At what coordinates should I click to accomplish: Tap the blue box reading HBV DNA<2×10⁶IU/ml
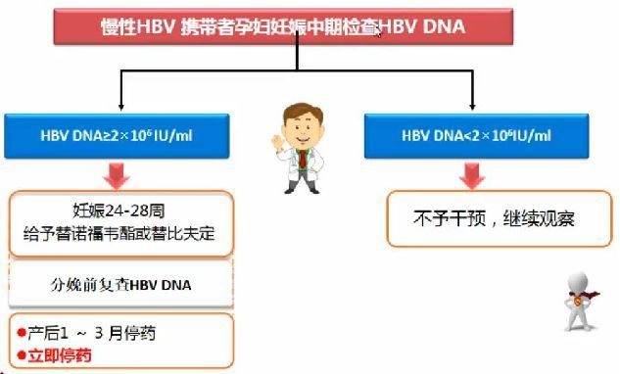[x=473, y=134]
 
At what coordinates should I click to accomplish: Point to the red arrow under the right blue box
[x=473, y=174]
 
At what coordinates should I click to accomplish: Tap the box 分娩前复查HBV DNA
[x=121, y=286]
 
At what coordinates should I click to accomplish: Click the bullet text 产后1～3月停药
[x=92, y=333]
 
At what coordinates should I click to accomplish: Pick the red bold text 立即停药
[x=61, y=354]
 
